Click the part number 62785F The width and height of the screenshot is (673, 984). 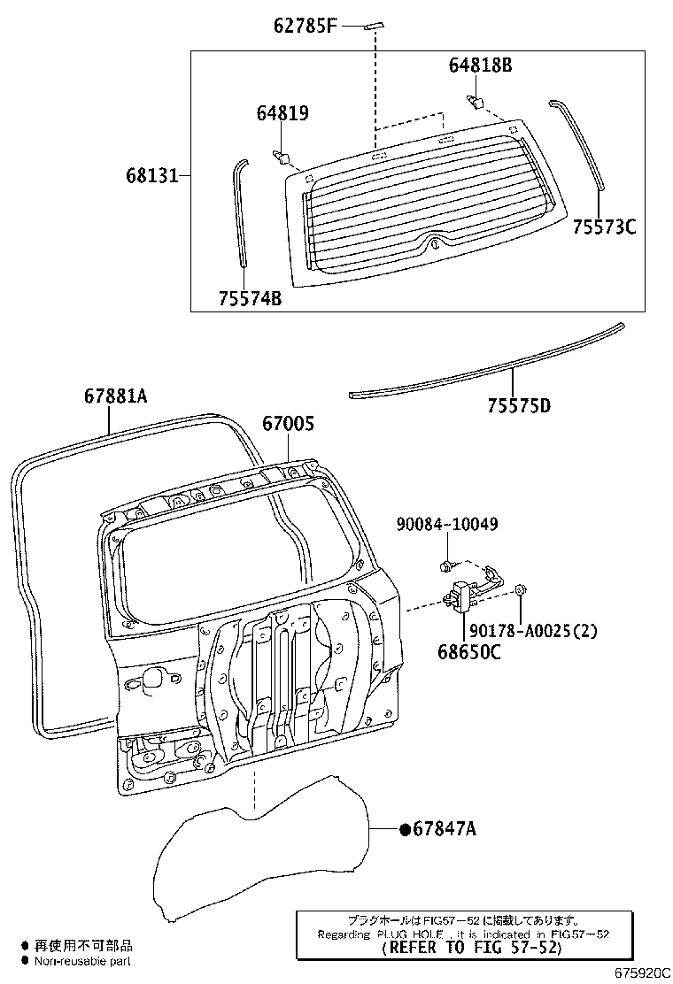click(305, 26)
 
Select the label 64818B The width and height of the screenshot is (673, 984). click(480, 65)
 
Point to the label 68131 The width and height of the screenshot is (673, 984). click(152, 175)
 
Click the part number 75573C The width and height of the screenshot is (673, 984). click(603, 227)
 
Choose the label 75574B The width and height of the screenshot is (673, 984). click(249, 298)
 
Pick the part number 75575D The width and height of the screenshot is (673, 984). click(518, 406)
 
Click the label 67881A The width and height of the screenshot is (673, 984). click(115, 397)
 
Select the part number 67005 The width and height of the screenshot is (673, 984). click(287, 424)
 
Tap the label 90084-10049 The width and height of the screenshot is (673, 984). click(447, 525)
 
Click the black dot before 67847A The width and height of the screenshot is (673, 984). click(405, 829)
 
